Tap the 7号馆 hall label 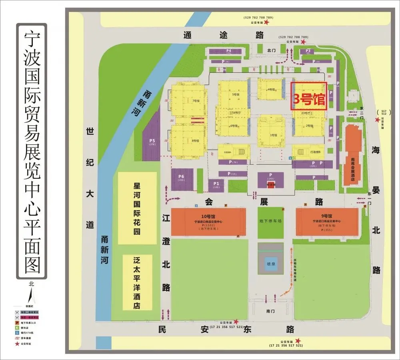coord(195,101)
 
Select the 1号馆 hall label coord(273,135)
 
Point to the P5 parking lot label coord(152,141)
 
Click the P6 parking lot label coord(181,177)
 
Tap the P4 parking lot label coord(229,51)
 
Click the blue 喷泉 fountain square coord(270,264)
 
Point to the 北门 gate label coord(272,50)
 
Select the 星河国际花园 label coord(137,208)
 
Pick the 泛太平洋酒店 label coord(137,282)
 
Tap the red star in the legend coord(17,344)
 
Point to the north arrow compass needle coord(30,295)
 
